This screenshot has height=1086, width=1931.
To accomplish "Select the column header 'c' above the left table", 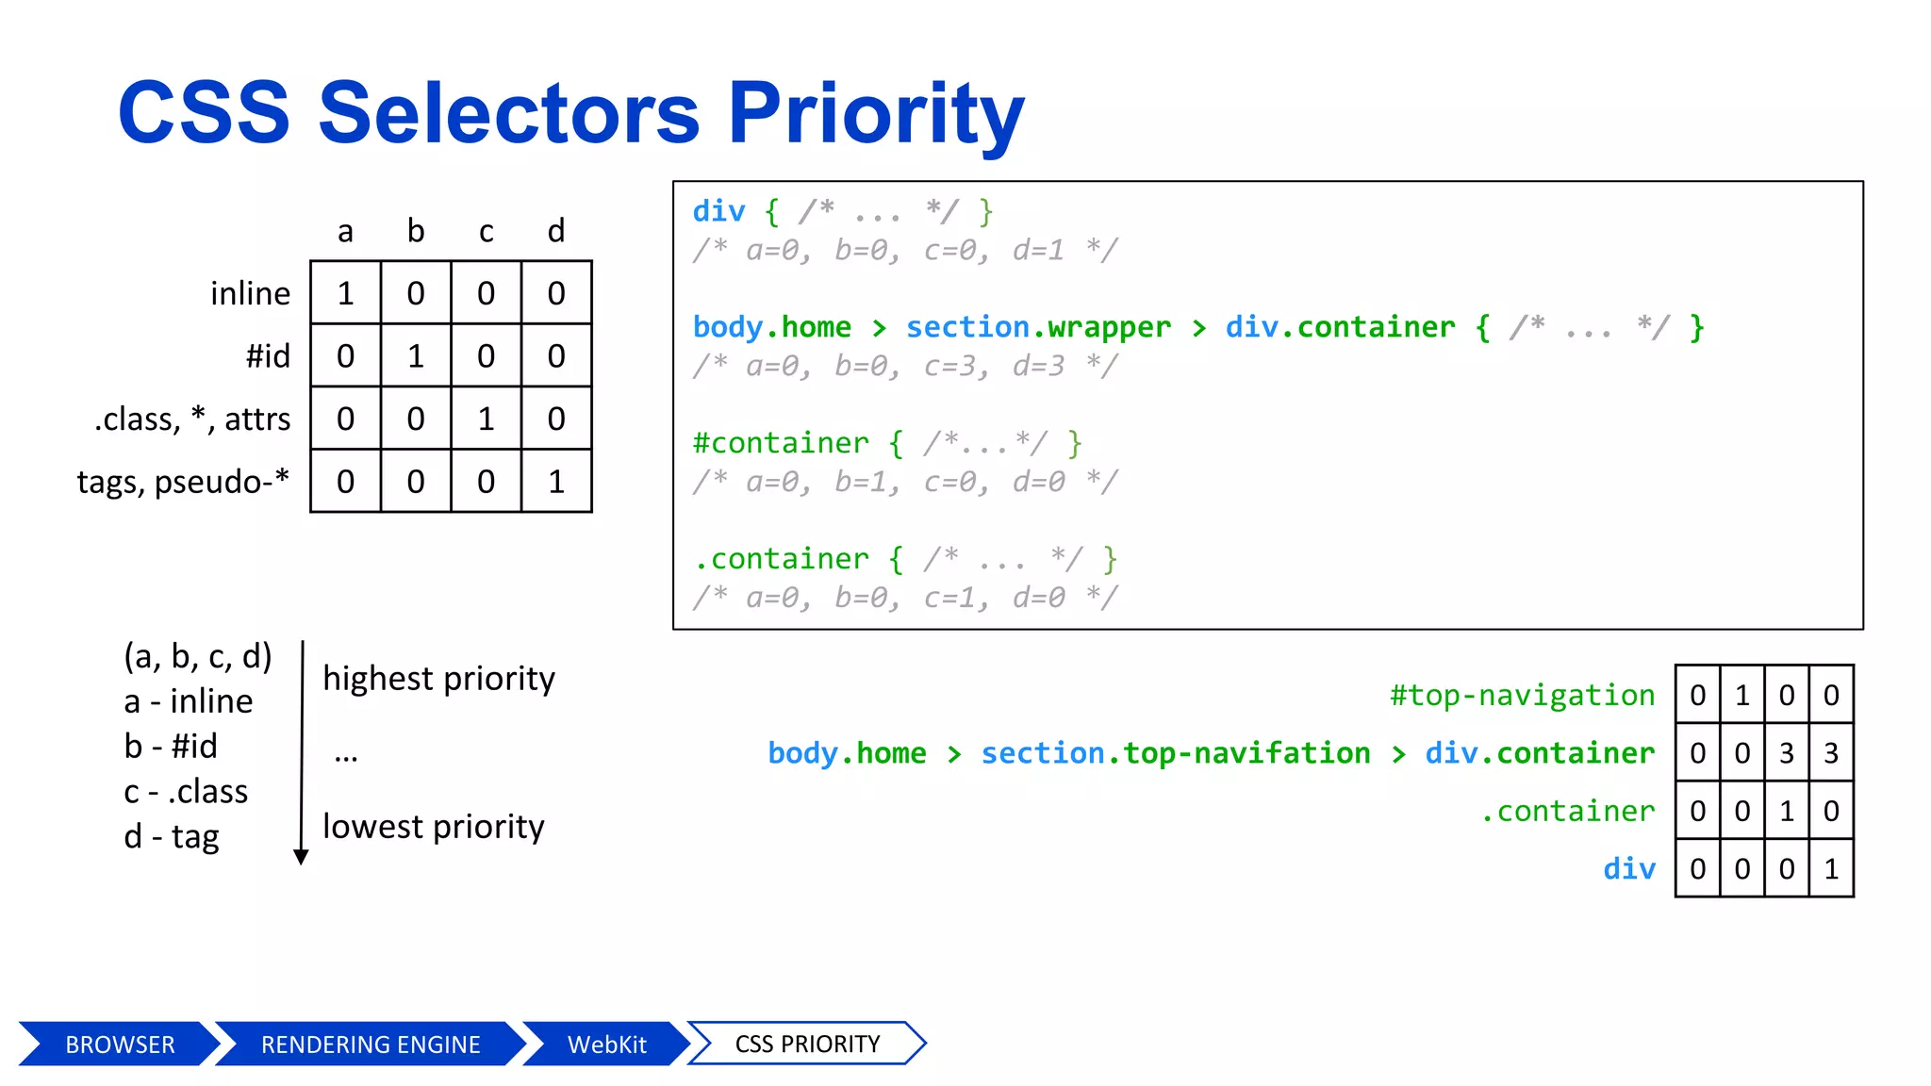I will [486, 231].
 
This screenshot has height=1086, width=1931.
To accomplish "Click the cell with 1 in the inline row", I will [345, 293].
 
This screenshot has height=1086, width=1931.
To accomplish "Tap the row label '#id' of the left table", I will [268, 356].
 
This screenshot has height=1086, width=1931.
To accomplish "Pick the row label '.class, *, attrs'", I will [192, 419].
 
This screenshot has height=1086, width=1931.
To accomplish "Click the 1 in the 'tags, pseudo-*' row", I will [556, 482].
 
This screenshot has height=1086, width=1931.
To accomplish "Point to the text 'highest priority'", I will [438, 679].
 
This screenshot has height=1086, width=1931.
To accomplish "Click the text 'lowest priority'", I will [433, 827].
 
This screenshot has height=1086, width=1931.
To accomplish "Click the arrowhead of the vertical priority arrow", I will [301, 856].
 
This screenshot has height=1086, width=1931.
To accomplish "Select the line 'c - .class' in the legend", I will [186, 792].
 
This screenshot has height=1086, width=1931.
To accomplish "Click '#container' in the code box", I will [781, 443].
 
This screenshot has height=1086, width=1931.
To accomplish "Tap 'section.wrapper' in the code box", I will [1038, 327].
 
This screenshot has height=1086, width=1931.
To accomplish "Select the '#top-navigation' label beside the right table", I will [1522, 696].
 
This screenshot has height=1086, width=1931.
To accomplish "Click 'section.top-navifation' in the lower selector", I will [1175, 753].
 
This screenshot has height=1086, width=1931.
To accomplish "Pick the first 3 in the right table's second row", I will [1786, 753].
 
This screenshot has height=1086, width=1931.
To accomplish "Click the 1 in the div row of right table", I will [1830, 869].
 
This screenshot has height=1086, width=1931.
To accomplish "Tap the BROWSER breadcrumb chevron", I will [119, 1045].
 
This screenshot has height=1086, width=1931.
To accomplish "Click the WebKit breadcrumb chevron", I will [606, 1045].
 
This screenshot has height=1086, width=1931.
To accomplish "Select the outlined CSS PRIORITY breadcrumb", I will [807, 1045].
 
